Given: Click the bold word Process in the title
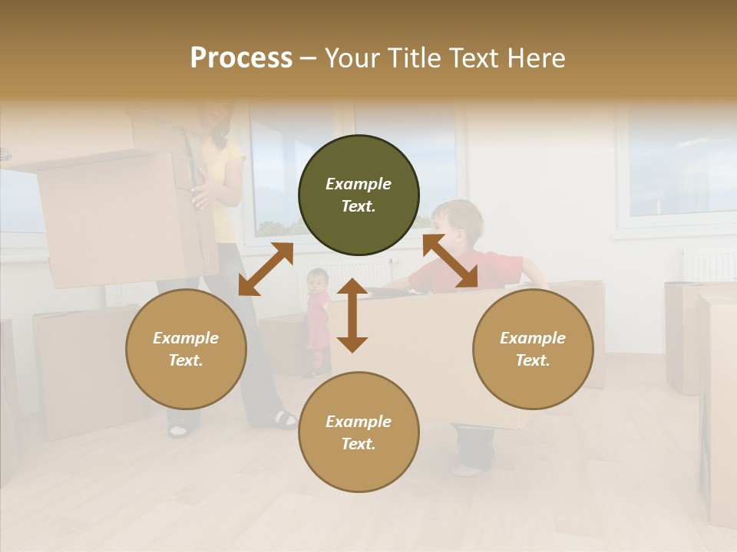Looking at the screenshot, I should coord(241,58).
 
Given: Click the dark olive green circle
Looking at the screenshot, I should coord(359,195).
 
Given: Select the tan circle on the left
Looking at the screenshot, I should coord(186,349).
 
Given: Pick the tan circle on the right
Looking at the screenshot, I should coord(533,349).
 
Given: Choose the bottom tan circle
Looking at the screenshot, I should coord(359,432).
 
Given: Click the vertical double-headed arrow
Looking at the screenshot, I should coord(352,315).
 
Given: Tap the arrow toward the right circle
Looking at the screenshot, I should coord(450,261).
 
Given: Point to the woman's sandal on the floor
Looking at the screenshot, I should coord(285,419).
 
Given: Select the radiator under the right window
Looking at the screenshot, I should coord(708,265).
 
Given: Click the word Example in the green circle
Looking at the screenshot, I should coord(359,184).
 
